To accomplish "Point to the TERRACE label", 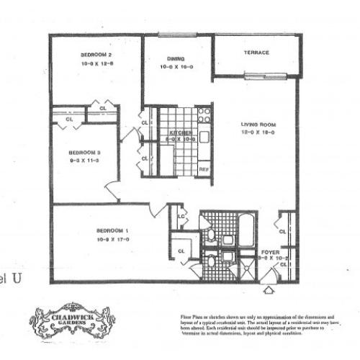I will [x=256, y=53].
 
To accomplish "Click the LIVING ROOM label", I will [x=258, y=125].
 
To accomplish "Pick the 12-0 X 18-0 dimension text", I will [x=258, y=133].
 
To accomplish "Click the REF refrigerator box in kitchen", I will [x=204, y=170].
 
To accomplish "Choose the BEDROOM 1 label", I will [x=111, y=231].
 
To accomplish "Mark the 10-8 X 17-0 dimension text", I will [x=111, y=240].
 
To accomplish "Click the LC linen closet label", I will [x=181, y=215].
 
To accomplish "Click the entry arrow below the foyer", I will [x=269, y=290].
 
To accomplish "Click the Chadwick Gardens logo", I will [x=71, y=319].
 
